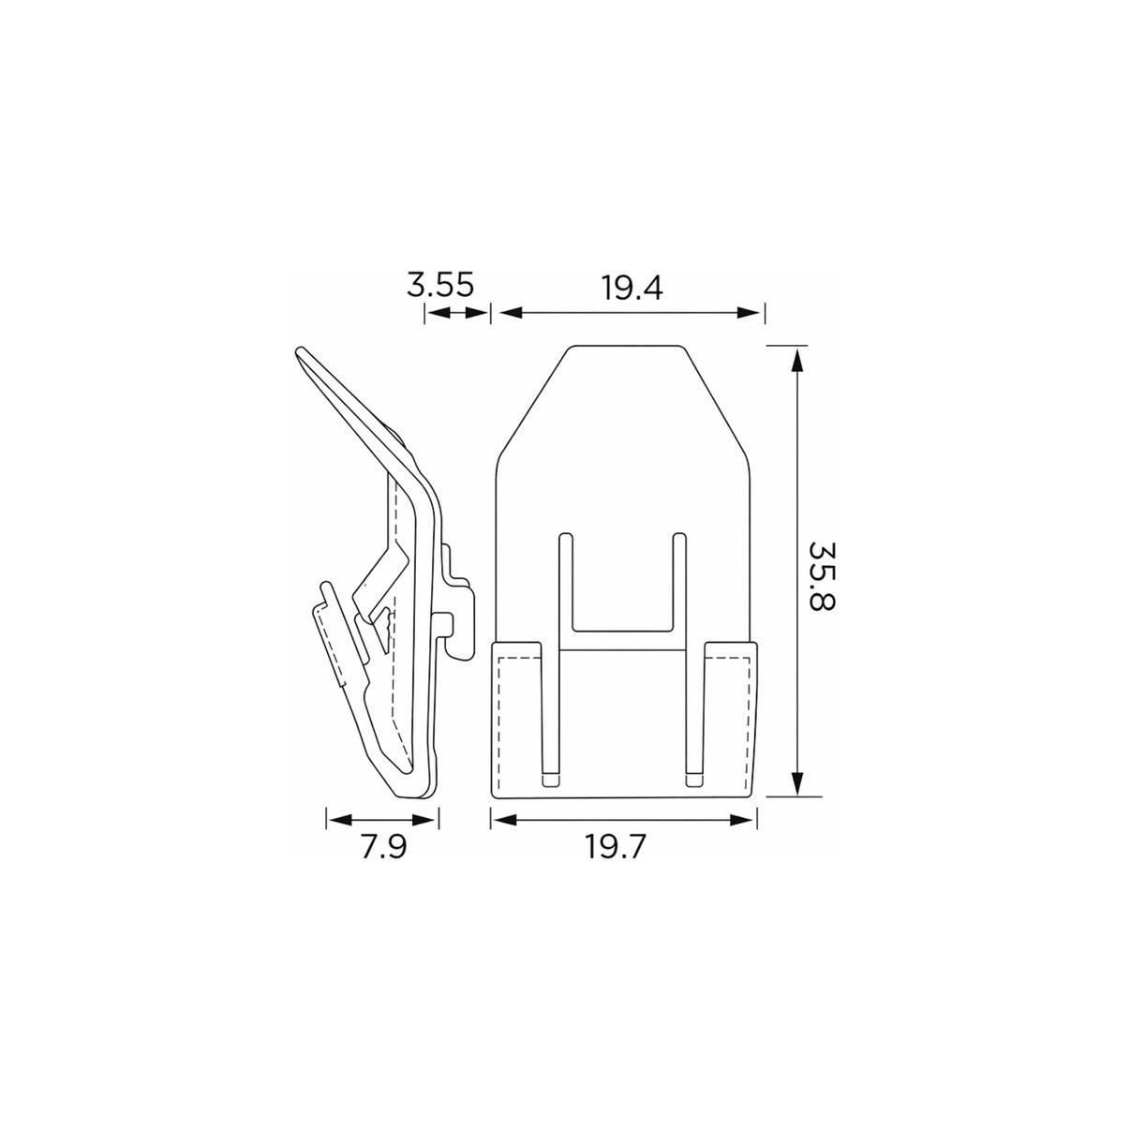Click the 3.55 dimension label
click(x=440, y=285)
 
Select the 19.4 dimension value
click(x=631, y=288)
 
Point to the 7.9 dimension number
click(x=383, y=847)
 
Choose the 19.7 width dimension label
click(x=616, y=847)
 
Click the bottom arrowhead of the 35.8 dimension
click(x=795, y=783)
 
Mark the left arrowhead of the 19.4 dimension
click(x=510, y=313)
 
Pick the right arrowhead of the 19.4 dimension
click(x=749, y=313)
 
